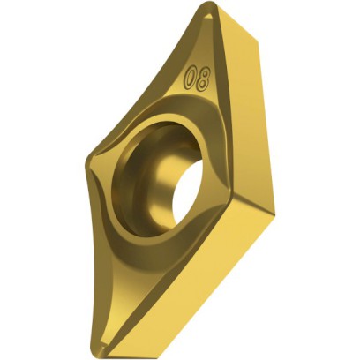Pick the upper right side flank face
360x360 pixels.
(256, 97)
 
